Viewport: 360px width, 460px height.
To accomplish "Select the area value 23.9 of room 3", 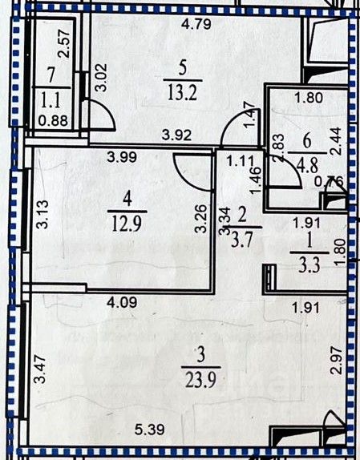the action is [201, 379].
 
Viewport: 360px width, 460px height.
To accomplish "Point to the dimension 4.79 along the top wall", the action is [196, 24].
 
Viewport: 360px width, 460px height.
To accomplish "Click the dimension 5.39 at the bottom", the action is [150, 430].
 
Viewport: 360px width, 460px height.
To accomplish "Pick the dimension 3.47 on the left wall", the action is [40, 369].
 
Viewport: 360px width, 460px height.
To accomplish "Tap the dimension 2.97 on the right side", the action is [337, 361].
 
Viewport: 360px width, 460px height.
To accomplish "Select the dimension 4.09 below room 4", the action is [122, 302].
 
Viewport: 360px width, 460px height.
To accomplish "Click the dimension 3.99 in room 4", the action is [122, 158].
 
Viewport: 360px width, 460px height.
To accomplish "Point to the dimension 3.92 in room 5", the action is [177, 135].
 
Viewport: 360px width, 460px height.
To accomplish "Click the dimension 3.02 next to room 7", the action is [102, 78].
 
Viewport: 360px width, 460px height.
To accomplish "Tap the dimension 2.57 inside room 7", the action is [64, 43].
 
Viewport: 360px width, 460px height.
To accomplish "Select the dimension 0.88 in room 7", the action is [54, 120].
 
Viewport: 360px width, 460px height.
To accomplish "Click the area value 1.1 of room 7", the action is [51, 100].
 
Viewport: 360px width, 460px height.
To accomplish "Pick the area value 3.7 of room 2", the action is [242, 240].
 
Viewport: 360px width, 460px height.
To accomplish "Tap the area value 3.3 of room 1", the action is [309, 266].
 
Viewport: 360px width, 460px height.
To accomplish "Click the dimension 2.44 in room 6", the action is [336, 141].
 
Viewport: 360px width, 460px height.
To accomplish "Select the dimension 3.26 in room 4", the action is [201, 219].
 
